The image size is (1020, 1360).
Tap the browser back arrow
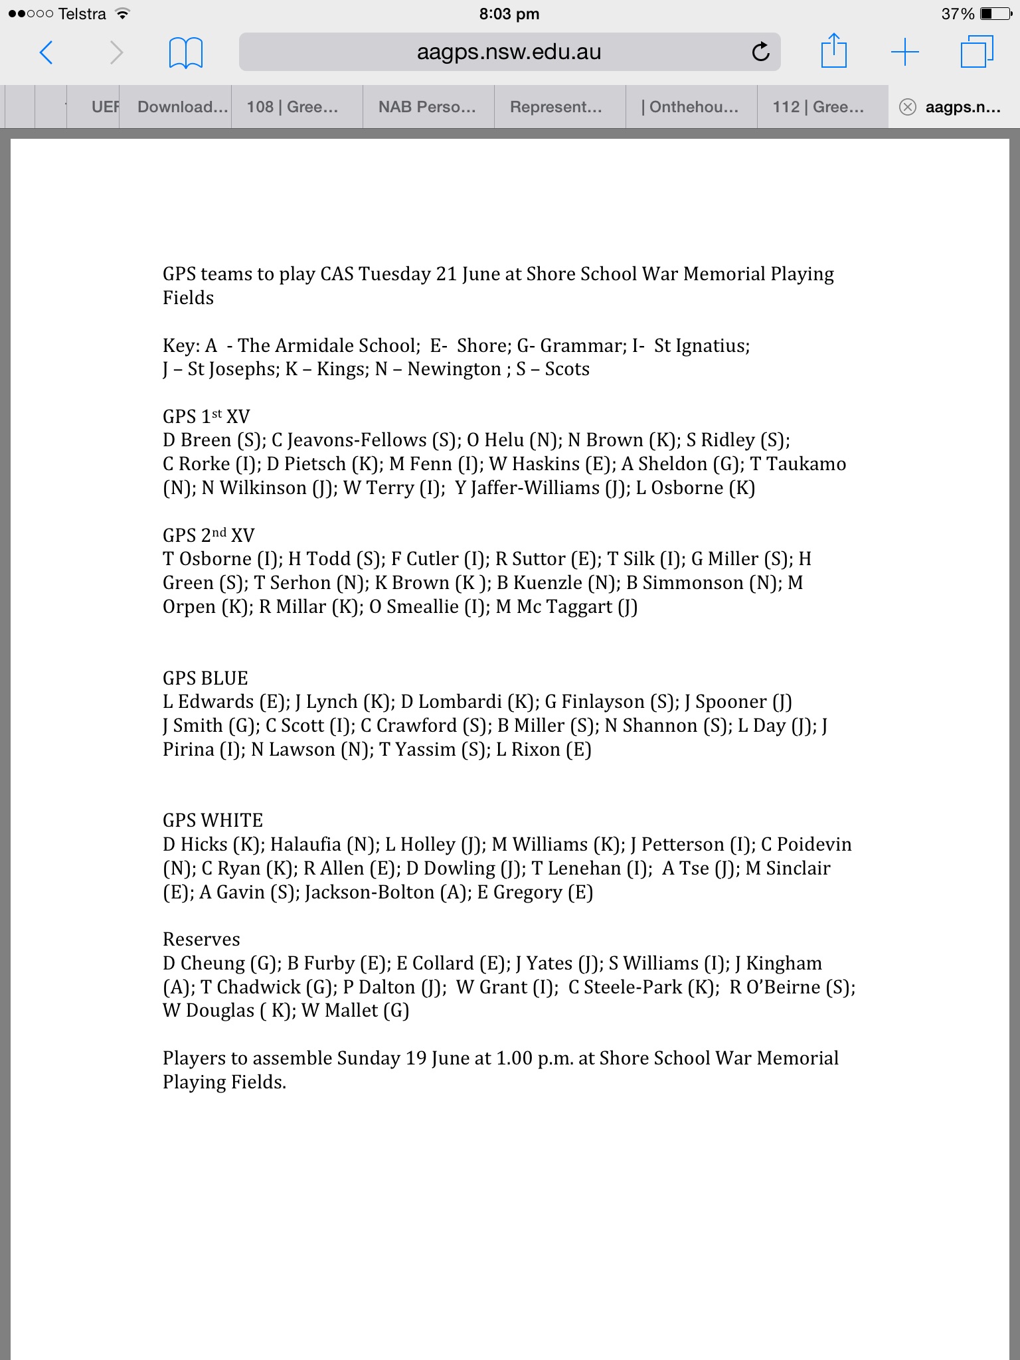coord(46,52)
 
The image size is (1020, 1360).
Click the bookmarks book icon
coord(186,52)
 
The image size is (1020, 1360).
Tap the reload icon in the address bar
coord(761,52)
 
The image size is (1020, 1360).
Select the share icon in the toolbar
coord(834,51)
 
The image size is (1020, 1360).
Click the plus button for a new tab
coord(904,52)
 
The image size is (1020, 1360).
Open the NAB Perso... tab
coord(427,107)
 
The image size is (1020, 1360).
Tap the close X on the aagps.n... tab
coord(907,107)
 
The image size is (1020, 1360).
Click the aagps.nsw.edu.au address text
coord(509,52)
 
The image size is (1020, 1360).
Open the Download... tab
coord(183,107)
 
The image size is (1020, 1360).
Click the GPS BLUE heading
coord(205,678)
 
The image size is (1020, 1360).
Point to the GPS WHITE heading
coord(212,820)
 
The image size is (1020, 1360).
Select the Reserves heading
coord(201,939)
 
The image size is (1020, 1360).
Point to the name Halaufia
coord(305,845)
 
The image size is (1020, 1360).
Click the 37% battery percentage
coord(958,14)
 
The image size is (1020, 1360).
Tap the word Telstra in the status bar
coord(82,14)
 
